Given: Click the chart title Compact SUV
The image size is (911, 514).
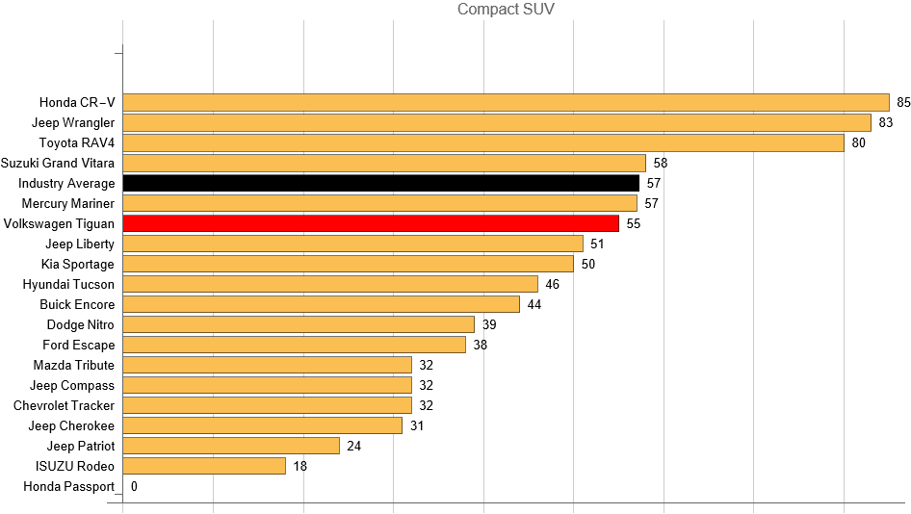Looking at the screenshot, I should [506, 10].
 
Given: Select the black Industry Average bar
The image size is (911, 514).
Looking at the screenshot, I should [380, 183].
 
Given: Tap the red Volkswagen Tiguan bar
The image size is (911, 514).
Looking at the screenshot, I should [371, 223].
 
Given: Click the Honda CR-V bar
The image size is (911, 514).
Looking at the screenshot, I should [506, 102].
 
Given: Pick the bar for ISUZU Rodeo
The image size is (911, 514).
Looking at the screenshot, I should [204, 466].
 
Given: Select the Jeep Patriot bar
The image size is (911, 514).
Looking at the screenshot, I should [231, 446].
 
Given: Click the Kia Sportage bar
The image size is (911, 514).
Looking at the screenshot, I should [348, 264].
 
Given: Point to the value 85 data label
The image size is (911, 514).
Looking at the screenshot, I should [903, 102].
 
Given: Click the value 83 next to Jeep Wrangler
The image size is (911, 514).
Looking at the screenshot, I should [886, 122].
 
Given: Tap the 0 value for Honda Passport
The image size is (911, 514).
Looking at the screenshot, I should [134, 486].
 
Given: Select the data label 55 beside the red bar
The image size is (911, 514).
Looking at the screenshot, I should [633, 223].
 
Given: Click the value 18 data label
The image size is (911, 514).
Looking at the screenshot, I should [300, 466].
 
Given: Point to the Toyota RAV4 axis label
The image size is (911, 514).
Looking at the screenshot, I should [76, 142].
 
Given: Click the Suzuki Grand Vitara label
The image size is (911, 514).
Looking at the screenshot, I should [58, 163].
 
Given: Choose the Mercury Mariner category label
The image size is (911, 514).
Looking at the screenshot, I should [67, 203].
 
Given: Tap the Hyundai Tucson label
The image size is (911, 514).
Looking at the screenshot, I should [68, 284].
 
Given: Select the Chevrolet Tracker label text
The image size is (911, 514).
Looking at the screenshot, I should [64, 405].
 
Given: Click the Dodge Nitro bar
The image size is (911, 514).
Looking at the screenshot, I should [299, 324].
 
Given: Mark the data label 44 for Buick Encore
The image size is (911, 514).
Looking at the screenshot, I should [534, 304].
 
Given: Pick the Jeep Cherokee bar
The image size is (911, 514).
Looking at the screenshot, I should [262, 425].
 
